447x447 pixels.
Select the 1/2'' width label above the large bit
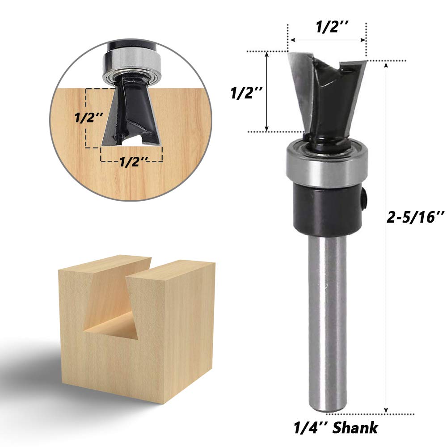(327, 28)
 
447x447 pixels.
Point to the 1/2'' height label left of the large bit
(246, 93)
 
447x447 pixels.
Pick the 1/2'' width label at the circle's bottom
(133, 163)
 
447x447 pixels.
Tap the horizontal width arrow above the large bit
(327, 40)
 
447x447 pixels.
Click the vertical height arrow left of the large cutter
(267, 92)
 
